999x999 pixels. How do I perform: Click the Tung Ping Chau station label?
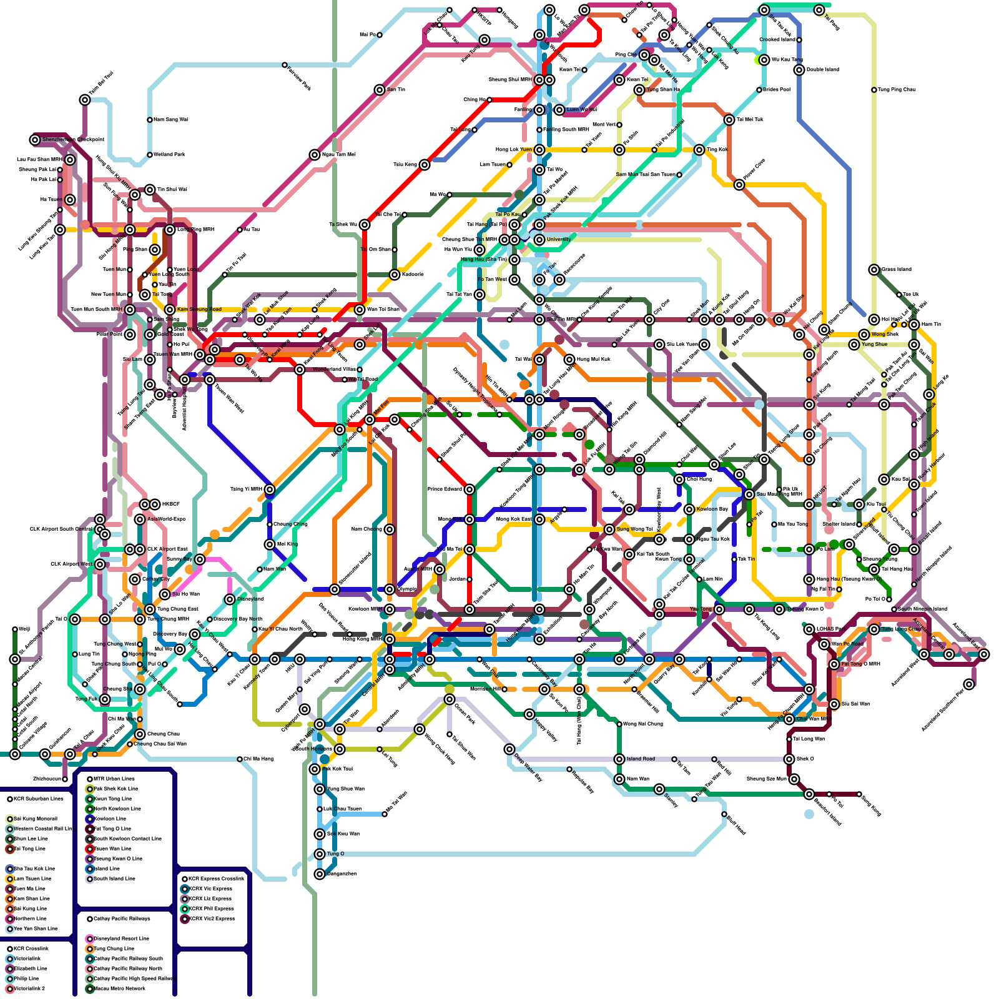pyautogui.click(x=897, y=90)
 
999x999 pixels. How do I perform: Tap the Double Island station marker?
pyautogui.click(x=799, y=70)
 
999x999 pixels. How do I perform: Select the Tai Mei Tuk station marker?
pyautogui.click(x=729, y=120)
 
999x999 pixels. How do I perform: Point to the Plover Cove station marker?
pyautogui.click(x=739, y=185)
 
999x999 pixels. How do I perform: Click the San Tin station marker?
pyautogui.click(x=380, y=90)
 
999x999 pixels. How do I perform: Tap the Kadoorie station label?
pyautogui.click(x=413, y=275)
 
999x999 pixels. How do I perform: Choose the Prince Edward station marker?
pyautogui.click(x=470, y=490)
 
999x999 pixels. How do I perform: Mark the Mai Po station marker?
pyautogui.click(x=380, y=35)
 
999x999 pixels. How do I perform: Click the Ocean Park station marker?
pyautogui.click(x=450, y=699)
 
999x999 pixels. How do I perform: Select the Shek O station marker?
pyautogui.click(x=789, y=759)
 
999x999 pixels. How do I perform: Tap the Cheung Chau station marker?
pyautogui.click(x=140, y=734)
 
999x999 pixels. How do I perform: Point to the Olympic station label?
pyautogui.click(x=407, y=589)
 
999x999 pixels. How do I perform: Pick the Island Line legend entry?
pyautogui.click(x=107, y=869)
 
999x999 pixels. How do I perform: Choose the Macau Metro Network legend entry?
pyautogui.click(x=119, y=988)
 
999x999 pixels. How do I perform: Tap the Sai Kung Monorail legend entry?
pyautogui.click(x=35, y=819)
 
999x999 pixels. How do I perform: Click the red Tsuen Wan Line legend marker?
pyautogui.click(x=90, y=849)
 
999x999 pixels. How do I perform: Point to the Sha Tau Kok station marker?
pyautogui.click(x=764, y=10)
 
